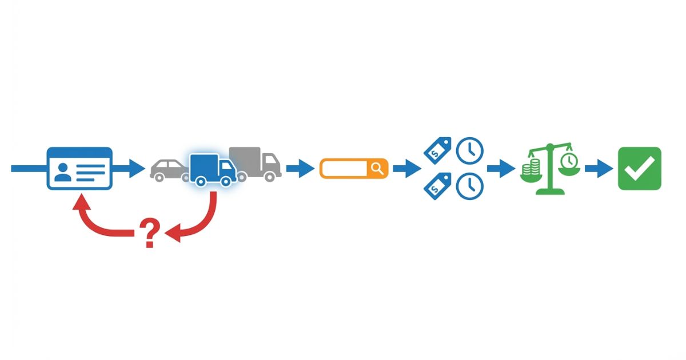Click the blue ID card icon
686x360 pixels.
pos(79,168)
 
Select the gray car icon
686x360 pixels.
pos(167,170)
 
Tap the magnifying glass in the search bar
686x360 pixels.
pos(377,169)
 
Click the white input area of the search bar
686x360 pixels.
pos(345,169)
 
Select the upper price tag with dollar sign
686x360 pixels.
pos(437,150)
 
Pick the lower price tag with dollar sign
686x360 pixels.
pos(437,186)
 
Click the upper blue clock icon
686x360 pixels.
pos(469,150)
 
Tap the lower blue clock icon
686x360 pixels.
pos(469,186)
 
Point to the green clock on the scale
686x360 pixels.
pos(568,161)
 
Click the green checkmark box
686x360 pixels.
pos(639,169)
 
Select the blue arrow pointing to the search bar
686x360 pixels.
pos(300,169)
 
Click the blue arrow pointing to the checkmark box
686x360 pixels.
pos(599,169)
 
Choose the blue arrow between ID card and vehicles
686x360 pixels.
pos(130,169)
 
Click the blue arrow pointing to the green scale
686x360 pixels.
pos(501,169)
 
